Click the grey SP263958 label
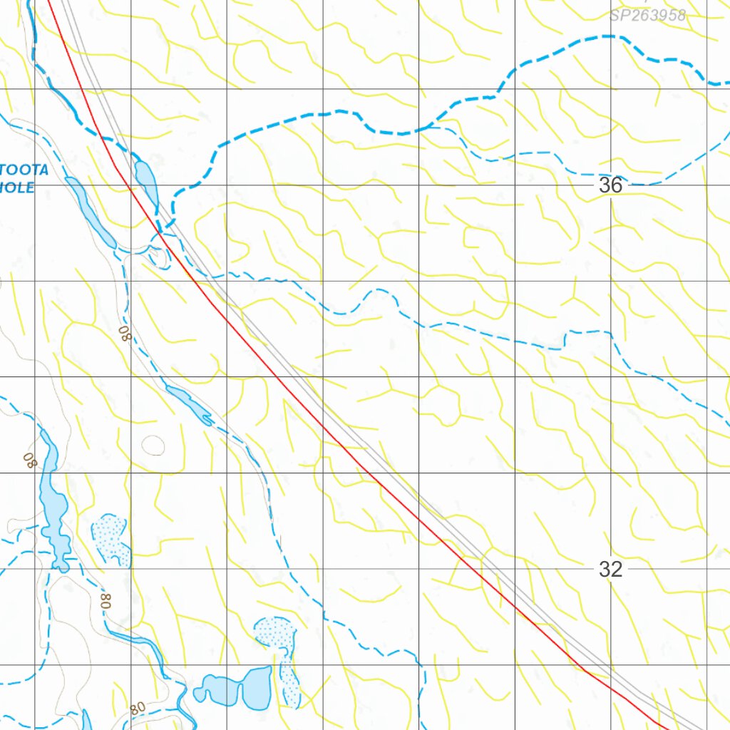(647, 15)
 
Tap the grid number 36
(610, 185)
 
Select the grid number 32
(610, 569)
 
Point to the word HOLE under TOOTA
(17, 187)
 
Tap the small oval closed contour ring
(153, 446)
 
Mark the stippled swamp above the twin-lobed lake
(275, 632)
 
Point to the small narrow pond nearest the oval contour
(190, 403)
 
